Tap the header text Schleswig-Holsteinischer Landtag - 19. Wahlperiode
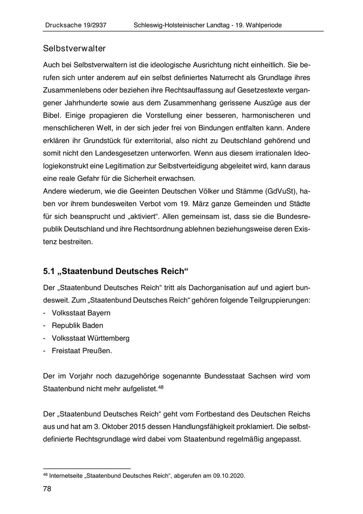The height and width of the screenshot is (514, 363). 207,25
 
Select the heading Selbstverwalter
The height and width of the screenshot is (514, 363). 74,49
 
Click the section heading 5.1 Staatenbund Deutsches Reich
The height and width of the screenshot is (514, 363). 116,271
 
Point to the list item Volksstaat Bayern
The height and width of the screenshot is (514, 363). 81,313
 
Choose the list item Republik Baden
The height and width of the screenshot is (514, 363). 77,325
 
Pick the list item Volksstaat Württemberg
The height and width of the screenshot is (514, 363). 90,338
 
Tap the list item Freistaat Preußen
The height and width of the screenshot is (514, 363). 81,351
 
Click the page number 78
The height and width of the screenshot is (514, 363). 47,489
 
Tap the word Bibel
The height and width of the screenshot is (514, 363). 52,115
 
